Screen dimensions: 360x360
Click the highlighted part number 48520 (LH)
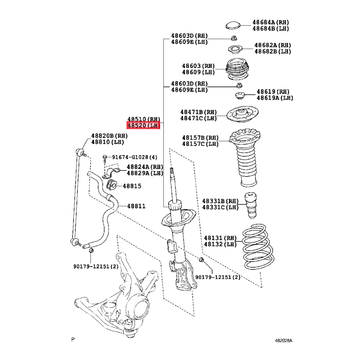coord(143,126)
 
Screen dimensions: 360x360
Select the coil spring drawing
coord(258,247)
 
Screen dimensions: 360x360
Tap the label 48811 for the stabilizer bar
coord(136,206)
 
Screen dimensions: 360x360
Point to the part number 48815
coord(132,186)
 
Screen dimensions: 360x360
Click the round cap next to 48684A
coord(233,25)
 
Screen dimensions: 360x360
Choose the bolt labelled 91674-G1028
coord(105,158)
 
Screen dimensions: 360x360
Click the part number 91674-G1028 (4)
coord(135,157)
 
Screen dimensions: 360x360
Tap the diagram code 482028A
coord(283,341)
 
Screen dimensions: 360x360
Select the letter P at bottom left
coord(73,339)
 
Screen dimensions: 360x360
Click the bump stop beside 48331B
coord(251,205)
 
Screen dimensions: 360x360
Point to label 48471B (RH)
coord(198,112)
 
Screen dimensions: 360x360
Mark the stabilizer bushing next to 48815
coord(112,184)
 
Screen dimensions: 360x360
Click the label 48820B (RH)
coord(109,136)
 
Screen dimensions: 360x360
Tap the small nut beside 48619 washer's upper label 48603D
coord(239,85)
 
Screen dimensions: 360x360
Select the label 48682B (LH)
coord(273,51)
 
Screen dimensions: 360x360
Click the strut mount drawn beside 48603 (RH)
coord(238,69)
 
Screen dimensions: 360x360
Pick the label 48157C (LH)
coord(200,144)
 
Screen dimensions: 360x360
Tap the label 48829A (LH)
coord(145,173)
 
